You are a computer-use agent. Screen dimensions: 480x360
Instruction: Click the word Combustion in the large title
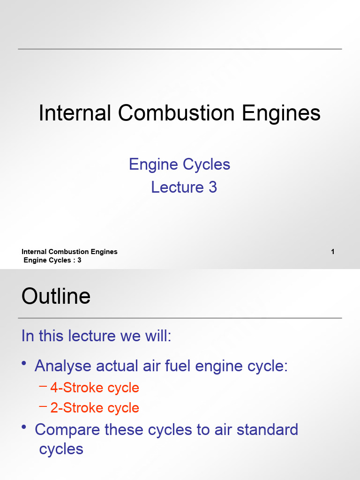pos(176,114)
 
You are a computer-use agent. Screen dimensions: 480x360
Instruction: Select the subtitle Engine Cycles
pos(180,165)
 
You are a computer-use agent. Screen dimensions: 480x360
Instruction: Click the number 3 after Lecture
pos(212,187)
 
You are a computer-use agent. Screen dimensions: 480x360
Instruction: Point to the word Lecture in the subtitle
pos(177,187)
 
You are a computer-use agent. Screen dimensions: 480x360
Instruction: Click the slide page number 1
pos(333,252)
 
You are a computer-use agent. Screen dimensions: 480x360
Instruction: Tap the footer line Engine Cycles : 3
pos(52,260)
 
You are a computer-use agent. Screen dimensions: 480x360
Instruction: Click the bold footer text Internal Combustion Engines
pos(69,252)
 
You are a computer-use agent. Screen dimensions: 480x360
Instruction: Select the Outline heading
pos(56,296)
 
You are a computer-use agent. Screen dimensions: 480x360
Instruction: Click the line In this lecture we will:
pos(97,336)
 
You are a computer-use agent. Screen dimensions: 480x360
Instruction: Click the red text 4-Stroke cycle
pos(95,388)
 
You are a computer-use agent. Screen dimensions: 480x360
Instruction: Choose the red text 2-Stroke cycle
pos(95,408)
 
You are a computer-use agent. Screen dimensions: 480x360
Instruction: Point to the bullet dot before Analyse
pos(24,364)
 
